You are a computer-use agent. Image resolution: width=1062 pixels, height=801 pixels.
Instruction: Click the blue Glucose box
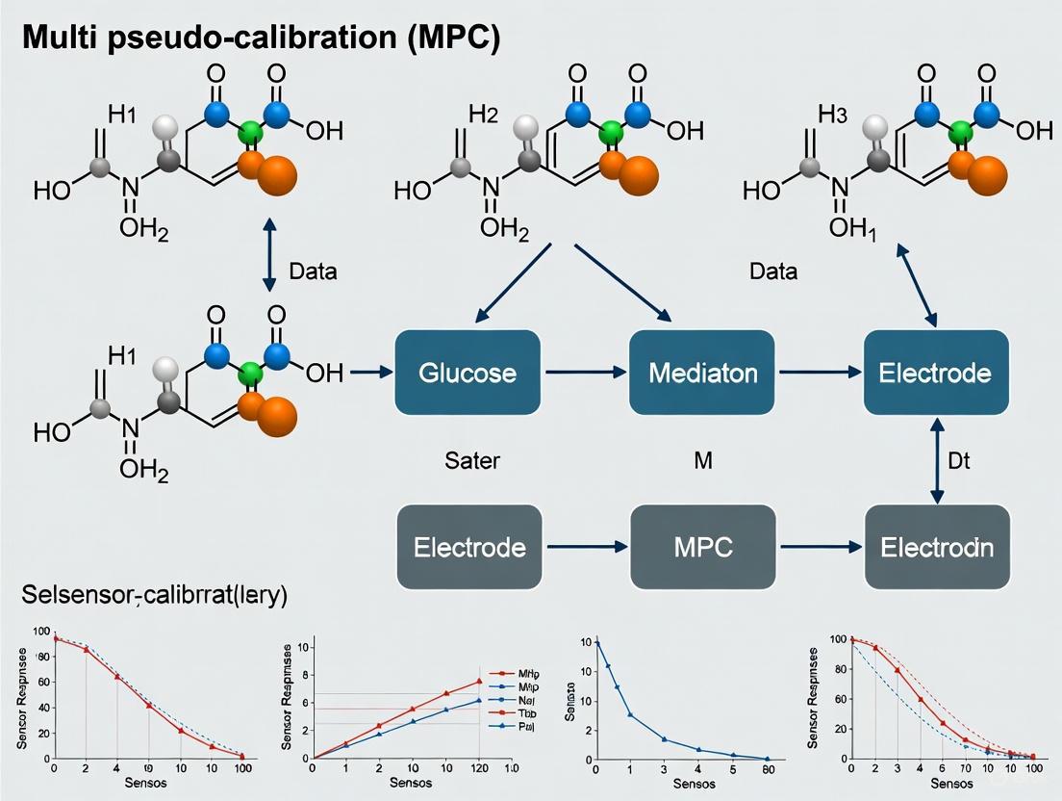(x=467, y=372)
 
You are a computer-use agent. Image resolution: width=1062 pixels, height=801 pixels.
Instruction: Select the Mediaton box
(x=701, y=372)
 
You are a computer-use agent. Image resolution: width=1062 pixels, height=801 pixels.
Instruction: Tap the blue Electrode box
(x=936, y=372)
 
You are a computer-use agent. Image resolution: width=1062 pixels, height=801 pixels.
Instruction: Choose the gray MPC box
(x=702, y=547)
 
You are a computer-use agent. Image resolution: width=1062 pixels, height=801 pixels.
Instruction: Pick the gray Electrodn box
(x=936, y=547)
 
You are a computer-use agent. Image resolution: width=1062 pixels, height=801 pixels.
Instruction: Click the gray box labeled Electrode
(x=469, y=547)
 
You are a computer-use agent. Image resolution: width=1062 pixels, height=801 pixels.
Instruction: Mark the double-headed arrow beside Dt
(x=936, y=460)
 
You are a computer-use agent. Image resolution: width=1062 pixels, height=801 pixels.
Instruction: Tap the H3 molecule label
(x=834, y=114)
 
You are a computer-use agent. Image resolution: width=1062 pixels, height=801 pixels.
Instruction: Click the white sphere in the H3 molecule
(x=875, y=126)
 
